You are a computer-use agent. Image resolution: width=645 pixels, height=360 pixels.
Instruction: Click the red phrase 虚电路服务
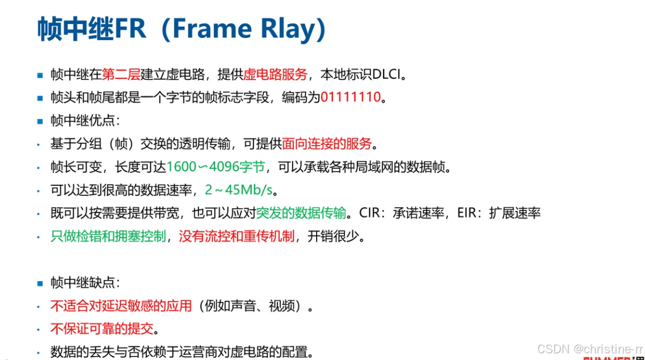pos(275,74)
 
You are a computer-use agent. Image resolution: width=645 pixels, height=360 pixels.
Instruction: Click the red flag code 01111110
pos(350,98)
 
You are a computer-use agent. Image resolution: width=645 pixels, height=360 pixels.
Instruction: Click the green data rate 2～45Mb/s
pos(238,190)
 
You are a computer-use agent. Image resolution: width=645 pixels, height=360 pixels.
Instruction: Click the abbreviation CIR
pos(369,213)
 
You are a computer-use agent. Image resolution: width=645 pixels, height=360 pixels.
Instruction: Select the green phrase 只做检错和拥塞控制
pos(108,236)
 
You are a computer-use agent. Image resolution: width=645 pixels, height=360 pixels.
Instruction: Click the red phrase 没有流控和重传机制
pos(236,236)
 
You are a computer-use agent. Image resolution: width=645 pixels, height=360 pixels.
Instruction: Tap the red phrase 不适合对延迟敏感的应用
pos(121,306)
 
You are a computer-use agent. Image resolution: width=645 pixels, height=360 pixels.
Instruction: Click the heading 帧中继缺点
pos(85,283)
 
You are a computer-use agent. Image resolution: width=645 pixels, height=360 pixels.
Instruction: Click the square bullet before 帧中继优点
pos(40,121)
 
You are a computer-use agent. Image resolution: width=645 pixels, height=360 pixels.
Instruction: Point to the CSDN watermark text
pos(590,349)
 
